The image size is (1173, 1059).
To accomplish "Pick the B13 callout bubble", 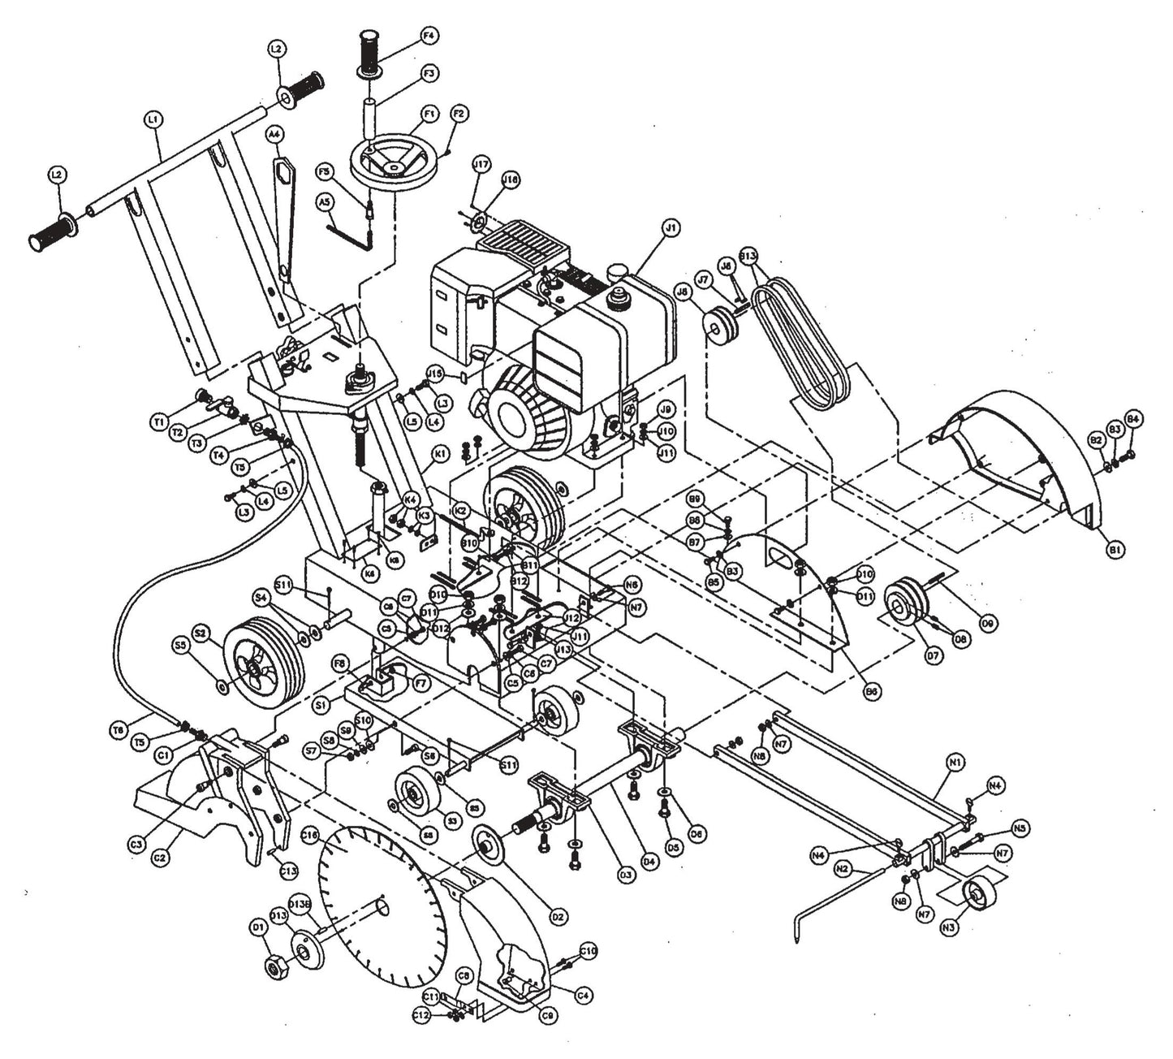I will [749, 256].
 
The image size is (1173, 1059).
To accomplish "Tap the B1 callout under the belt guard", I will [1116, 550].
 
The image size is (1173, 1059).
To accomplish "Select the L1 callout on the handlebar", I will [153, 119].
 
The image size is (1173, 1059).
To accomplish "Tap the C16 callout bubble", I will [308, 834].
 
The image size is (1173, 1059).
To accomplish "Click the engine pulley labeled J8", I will [719, 323].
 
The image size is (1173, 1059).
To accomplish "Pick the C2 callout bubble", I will [161, 855].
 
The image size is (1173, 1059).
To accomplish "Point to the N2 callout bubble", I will [842, 869].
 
